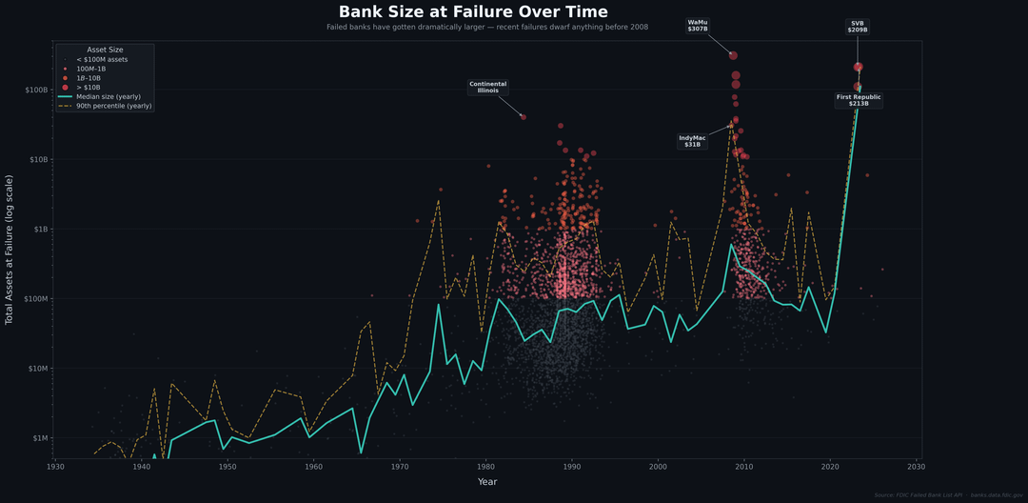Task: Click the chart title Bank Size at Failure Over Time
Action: (473, 11)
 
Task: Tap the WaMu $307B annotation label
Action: (698, 26)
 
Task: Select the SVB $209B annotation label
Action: (858, 27)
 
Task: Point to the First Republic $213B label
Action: (859, 100)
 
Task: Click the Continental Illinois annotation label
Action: (488, 87)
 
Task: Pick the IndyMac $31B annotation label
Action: (692, 141)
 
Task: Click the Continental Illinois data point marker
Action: (524, 117)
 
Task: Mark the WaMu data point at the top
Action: (733, 55)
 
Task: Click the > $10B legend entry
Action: (89, 87)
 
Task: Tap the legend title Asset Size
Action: (105, 49)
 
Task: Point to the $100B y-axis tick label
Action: (35, 90)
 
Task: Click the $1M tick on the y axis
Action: (38, 438)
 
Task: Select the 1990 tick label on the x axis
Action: (571, 467)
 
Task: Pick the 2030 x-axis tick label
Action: (916, 467)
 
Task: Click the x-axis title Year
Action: (487, 482)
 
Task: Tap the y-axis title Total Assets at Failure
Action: (10, 250)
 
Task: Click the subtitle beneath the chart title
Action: (487, 27)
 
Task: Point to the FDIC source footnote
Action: (947, 495)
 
